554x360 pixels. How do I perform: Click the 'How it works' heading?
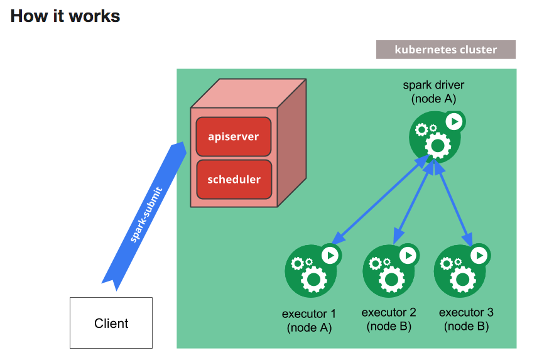(65, 16)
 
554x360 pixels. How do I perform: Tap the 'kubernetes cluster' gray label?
(445, 50)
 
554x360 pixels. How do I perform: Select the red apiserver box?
(234, 136)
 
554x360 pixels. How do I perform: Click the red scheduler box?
(234, 179)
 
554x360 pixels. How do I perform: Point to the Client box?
(111, 323)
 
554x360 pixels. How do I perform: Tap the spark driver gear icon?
(435, 138)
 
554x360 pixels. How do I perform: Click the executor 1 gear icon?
(310, 271)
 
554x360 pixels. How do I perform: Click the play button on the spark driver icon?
(454, 121)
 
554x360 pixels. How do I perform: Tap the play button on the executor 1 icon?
(330, 254)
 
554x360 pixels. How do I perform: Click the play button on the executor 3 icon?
(479, 254)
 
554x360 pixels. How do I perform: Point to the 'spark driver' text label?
(433, 85)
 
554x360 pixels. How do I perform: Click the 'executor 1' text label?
(309, 314)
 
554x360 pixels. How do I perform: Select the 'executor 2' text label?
(389, 312)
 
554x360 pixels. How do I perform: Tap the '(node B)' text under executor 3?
(466, 327)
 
